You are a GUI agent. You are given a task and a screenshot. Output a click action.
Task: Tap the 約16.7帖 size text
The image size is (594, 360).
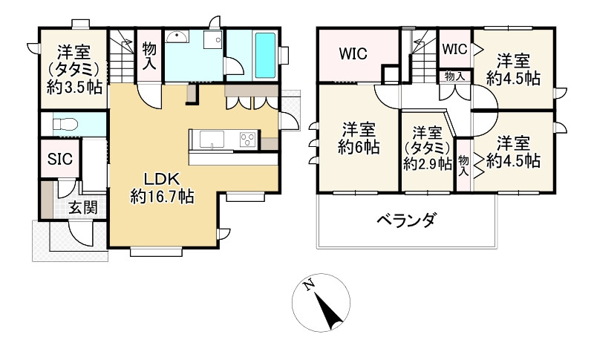pos(162,197)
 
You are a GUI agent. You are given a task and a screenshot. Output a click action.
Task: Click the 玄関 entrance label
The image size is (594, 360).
pos(82,209)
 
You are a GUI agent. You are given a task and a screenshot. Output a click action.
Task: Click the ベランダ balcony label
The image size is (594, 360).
pos(405,220)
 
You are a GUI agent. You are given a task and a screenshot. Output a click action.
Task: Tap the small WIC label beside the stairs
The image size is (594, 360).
pos(454,48)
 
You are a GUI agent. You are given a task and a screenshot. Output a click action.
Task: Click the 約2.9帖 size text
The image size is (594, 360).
pos(428,164)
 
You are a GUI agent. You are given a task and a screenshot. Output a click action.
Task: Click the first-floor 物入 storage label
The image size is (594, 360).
pos(148,55)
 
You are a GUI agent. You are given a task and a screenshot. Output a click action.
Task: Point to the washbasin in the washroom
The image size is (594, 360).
pos(176,39)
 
